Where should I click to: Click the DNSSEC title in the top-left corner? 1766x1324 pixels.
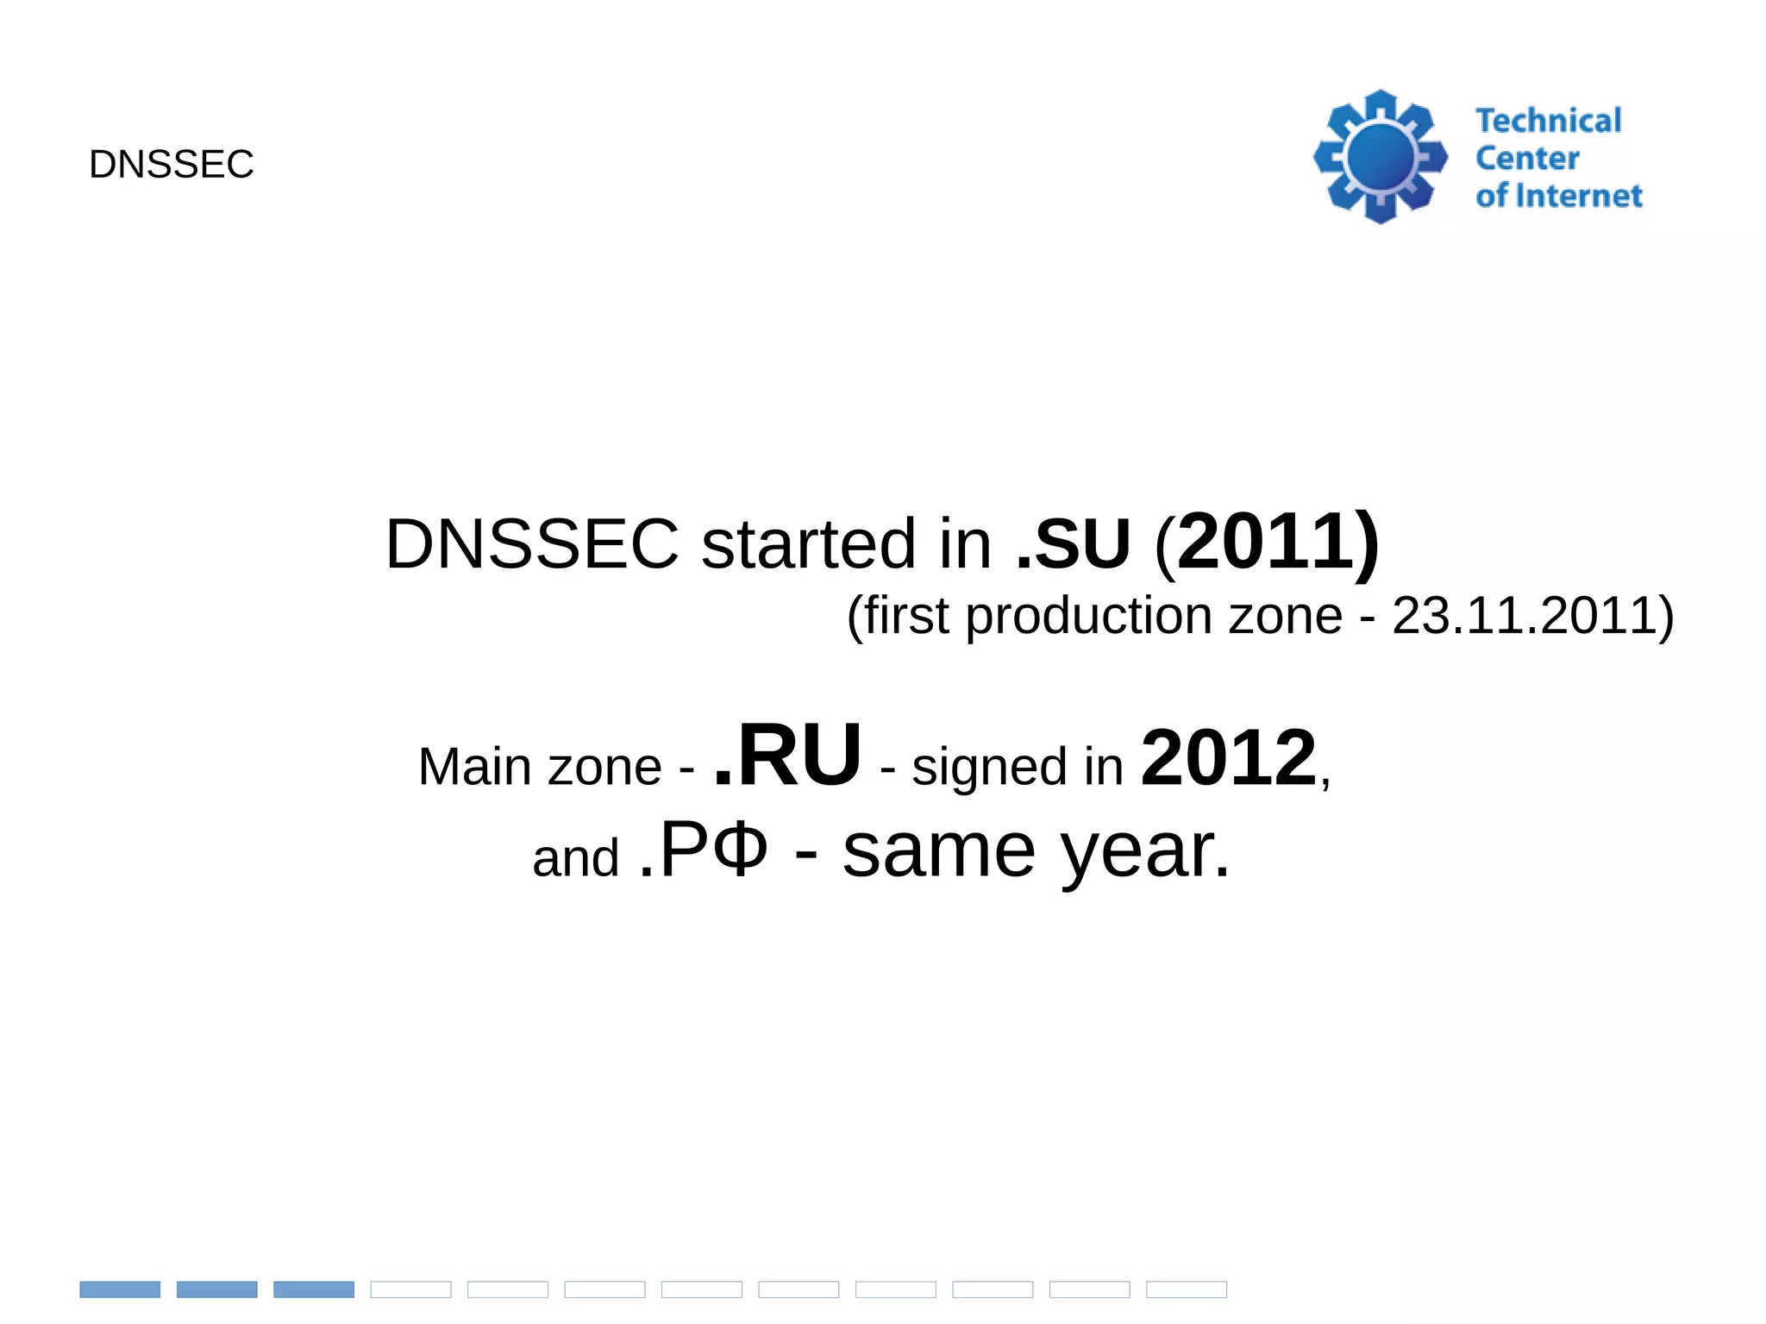click(x=171, y=164)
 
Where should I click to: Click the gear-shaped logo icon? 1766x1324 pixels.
click(x=1381, y=157)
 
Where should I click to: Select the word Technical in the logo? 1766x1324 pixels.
click(x=1548, y=121)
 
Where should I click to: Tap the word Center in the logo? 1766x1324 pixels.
click(x=1527, y=159)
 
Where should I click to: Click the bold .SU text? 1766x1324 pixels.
click(x=1073, y=544)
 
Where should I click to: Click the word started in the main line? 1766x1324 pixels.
click(x=808, y=544)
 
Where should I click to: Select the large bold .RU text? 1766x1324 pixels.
click(x=787, y=756)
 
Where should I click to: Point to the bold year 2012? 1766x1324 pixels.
click(x=1229, y=758)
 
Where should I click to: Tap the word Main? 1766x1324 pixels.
click(x=473, y=767)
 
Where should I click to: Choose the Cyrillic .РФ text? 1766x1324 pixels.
click(x=703, y=850)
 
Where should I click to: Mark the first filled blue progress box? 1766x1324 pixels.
click(x=120, y=1289)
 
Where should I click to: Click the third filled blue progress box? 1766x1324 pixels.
click(x=314, y=1289)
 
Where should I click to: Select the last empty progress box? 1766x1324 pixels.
click(x=1187, y=1289)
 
